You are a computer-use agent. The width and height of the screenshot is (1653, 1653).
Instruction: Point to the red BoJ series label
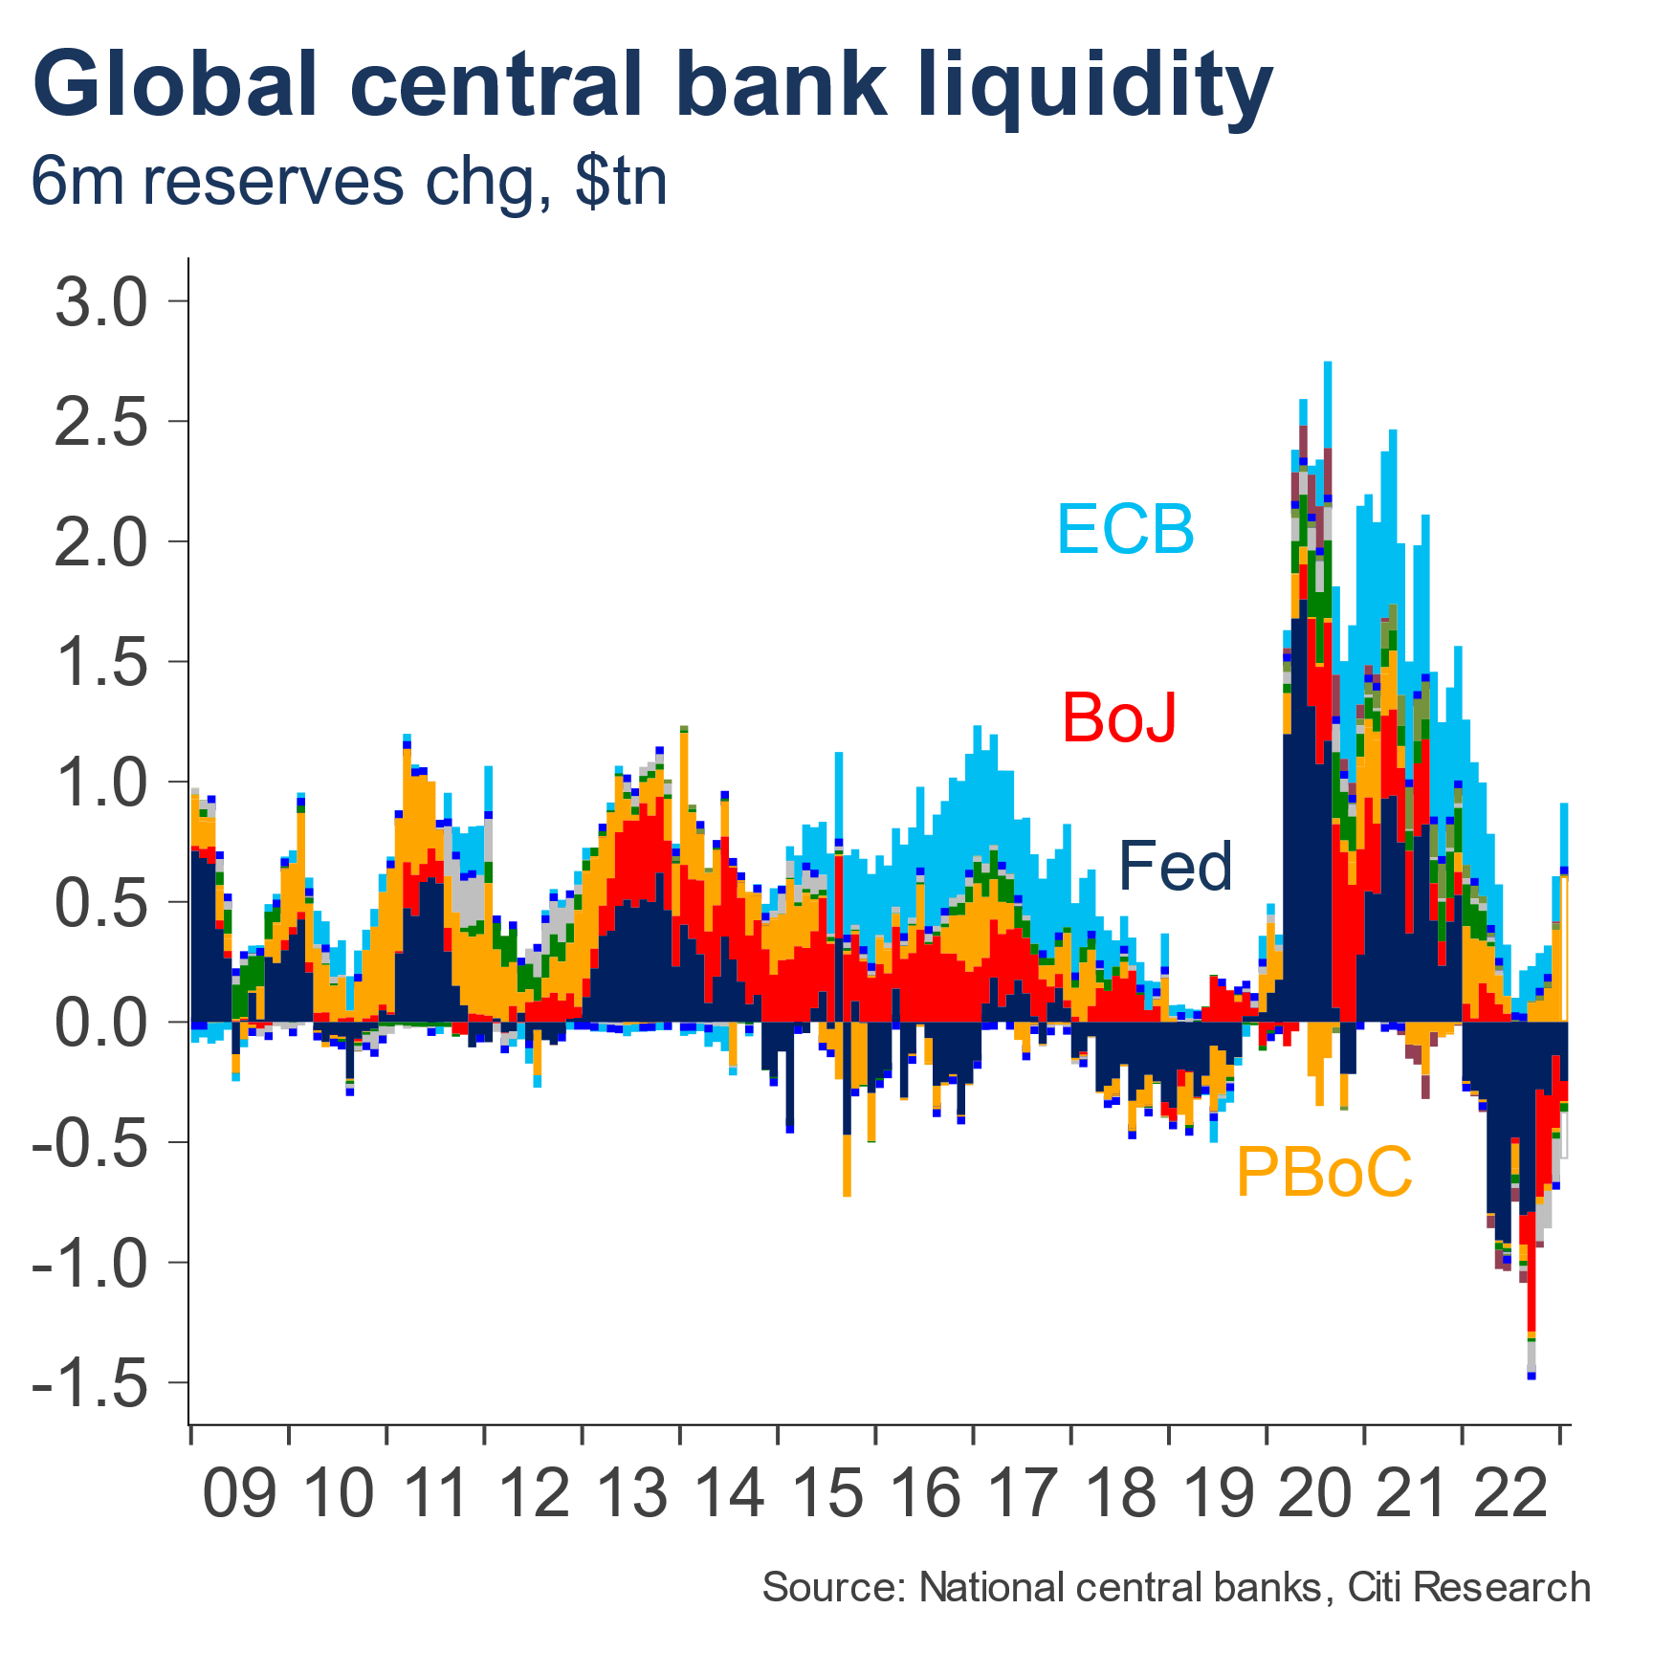[1119, 717]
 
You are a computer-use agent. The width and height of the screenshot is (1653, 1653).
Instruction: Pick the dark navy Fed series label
[1176, 867]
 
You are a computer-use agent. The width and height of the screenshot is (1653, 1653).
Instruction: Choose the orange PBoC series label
[1324, 1171]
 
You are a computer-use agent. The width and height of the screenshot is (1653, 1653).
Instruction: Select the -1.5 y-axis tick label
[92, 1383]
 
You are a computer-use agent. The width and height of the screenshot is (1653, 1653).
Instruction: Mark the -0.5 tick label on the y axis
[92, 1143]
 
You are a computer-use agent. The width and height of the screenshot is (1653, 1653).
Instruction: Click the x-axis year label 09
[239, 1493]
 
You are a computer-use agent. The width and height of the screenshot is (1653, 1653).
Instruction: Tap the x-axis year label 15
[827, 1493]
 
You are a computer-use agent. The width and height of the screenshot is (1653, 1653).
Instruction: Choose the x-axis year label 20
[1315, 1493]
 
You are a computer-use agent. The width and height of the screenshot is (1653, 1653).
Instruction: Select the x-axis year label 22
[1511, 1493]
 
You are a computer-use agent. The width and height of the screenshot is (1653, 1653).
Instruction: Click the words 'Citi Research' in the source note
[1468, 1588]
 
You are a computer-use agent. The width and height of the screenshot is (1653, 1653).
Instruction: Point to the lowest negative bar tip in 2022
[1532, 1374]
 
